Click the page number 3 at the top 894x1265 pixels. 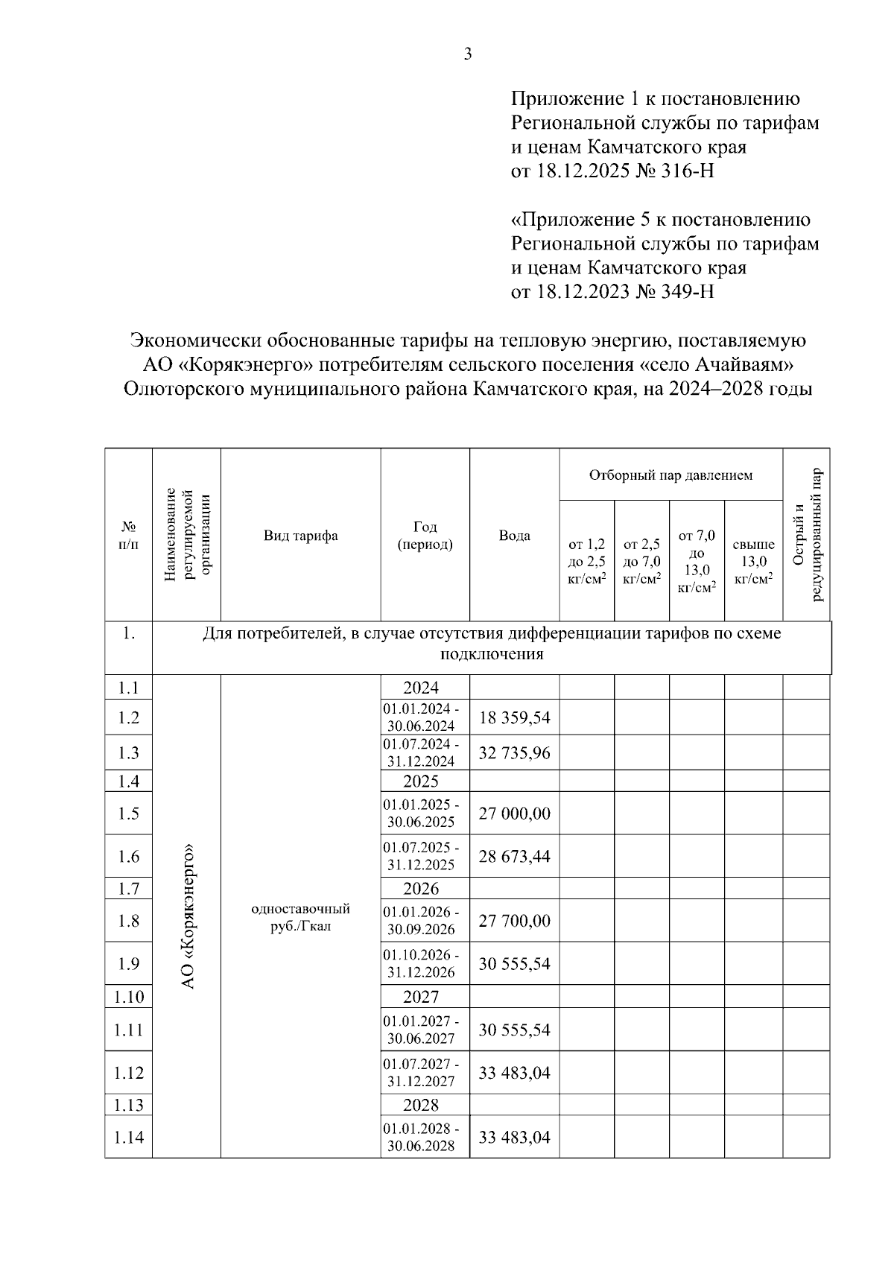(467, 54)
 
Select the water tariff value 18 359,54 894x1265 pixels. (514, 717)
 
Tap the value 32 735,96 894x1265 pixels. (514, 752)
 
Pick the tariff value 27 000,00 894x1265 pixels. (514, 813)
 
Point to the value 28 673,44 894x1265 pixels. (514, 856)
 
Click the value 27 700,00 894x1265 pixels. (514, 921)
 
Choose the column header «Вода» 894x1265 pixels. (514, 536)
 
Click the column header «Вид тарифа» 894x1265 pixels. (300, 536)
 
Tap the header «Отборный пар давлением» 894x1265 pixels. (670, 475)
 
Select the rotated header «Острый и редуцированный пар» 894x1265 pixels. (806, 535)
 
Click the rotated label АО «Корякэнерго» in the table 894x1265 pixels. (188, 916)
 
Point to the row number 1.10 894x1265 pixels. (128, 997)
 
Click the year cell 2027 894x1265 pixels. (421, 997)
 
